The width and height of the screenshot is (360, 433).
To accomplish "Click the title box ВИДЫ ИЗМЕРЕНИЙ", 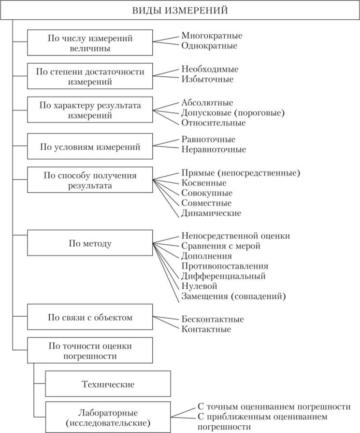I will coord(180,10).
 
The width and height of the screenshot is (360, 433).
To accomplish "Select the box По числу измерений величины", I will coord(90,42).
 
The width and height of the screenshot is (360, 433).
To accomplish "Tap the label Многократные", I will coord(212,36).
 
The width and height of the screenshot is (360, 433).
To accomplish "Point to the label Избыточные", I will coord(208,79).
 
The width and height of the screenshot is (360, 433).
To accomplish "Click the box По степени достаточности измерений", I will coord(90,76).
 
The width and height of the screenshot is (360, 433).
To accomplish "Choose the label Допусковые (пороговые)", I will coord(233,112).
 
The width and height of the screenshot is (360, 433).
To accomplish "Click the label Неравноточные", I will coord(214,149).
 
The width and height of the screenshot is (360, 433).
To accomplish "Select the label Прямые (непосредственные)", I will coord(241,172).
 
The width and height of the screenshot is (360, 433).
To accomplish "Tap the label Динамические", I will coord(211,213).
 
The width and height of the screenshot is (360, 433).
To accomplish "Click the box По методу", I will coord(90,243).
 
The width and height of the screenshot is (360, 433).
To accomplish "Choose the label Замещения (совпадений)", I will coord(233,296).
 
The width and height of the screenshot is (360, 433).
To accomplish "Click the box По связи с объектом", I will coord(90,317).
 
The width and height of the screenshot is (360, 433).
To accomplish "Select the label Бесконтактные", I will coord(213,320).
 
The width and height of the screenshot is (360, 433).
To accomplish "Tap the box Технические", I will coord(108,384).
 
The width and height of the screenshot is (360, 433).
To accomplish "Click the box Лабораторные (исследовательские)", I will coord(108,418).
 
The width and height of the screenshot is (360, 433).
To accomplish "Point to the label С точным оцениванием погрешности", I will coord(274,406).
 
